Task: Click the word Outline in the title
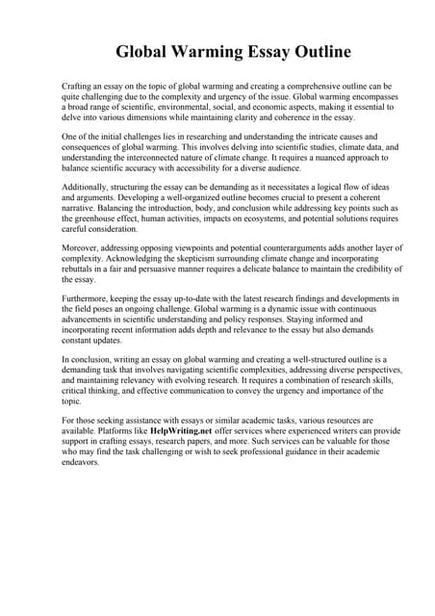pyautogui.click(x=317, y=51)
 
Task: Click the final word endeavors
pyautogui.click(x=80, y=462)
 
